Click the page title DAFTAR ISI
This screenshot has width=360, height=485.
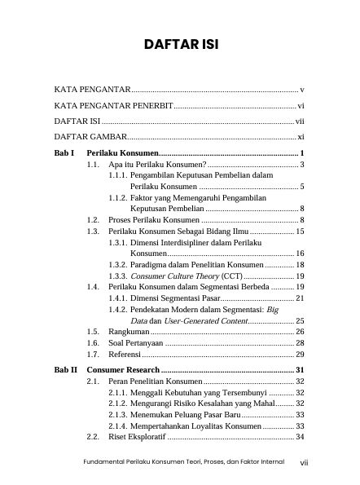point(179,42)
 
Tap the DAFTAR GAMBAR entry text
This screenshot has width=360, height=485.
point(90,136)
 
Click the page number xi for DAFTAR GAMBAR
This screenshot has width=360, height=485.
point(301,136)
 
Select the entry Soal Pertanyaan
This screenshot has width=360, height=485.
point(139,343)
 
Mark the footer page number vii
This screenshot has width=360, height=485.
point(303,463)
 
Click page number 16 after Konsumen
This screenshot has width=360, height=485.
point(300,254)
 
